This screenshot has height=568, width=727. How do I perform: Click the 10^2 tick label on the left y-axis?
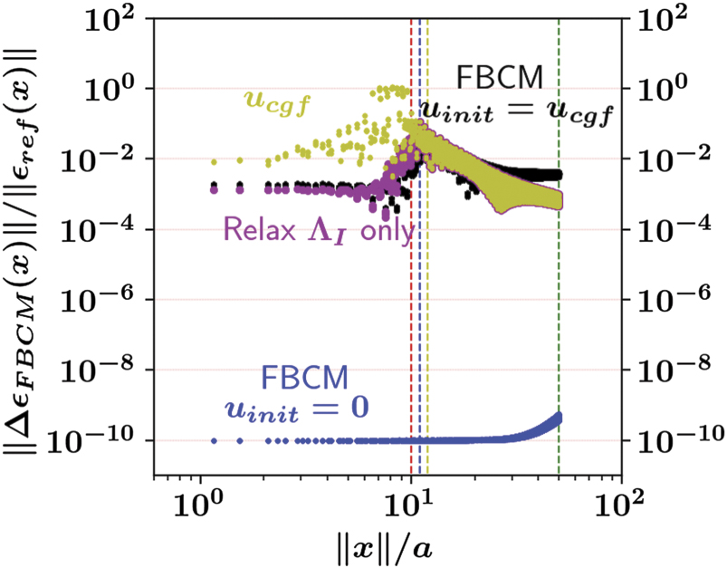pyautogui.click(x=113, y=18)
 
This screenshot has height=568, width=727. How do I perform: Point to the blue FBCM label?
pyautogui.click(x=300, y=377)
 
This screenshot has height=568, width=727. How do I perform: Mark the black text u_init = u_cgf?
pyautogui.click(x=520, y=114)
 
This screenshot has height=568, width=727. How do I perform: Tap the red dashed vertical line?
pyautogui.click(x=411, y=317)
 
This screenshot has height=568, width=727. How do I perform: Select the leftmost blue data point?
pyautogui.click(x=214, y=440)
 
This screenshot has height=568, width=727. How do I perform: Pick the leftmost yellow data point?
pyautogui.click(x=214, y=162)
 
